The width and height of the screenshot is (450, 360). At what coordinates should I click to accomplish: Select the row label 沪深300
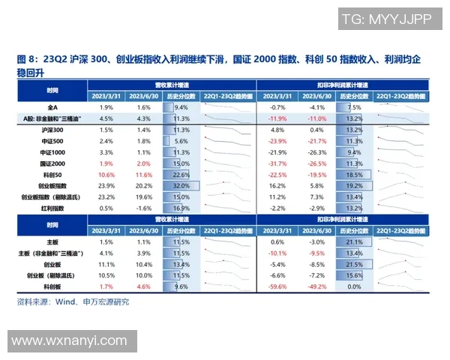[52, 130]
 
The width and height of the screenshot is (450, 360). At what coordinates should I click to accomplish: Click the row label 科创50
[52, 174]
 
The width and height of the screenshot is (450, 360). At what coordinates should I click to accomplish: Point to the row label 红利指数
[52, 208]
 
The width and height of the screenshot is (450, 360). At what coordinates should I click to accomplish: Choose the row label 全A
[52, 107]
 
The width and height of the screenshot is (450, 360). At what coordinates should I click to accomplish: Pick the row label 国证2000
[52, 163]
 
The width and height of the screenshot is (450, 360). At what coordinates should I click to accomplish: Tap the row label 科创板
[52, 286]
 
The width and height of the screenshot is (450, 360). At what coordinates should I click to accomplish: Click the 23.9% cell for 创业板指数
[106, 185]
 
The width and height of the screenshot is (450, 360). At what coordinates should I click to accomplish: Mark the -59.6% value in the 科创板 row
[278, 286]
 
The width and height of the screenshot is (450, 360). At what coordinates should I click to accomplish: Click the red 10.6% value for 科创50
[106, 174]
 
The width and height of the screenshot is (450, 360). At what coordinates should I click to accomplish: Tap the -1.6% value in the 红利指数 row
[143, 208]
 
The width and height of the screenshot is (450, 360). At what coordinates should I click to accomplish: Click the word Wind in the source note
[69, 302]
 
